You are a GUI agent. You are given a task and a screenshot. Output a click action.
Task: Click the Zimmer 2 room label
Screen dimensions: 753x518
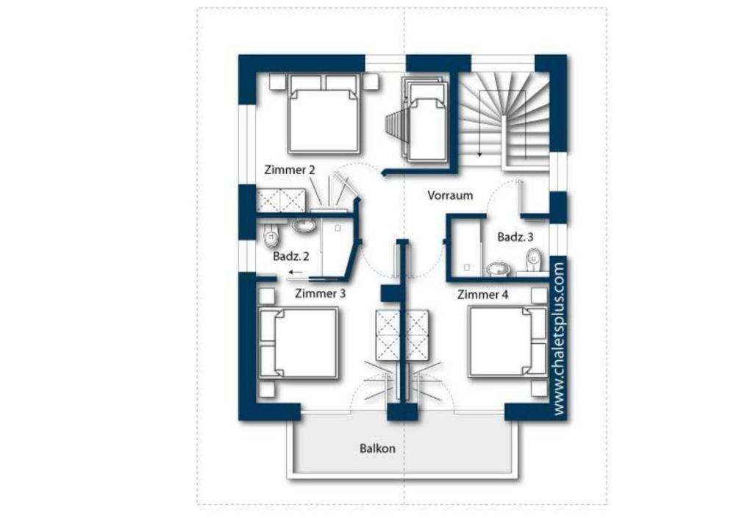pos(290,170)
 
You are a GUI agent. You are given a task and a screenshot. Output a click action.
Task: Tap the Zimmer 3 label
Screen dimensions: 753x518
pos(320,293)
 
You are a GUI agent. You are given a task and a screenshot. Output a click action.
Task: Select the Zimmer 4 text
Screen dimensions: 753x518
pos(482,295)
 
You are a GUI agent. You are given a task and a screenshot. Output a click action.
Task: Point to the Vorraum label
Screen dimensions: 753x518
pos(450,195)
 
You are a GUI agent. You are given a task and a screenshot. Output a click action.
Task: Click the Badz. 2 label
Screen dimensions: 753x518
pos(291,256)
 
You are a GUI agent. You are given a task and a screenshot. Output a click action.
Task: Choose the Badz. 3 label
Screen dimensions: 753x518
pos(515,237)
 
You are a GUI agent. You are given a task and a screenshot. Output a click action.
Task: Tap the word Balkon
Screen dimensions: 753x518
pos(377,448)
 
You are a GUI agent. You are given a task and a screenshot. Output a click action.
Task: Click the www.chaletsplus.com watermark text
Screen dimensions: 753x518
pos(560,339)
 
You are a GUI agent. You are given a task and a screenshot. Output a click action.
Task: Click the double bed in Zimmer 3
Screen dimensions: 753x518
pos(298,343)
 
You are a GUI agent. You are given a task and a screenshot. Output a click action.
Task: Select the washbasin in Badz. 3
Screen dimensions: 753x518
pos(499,269)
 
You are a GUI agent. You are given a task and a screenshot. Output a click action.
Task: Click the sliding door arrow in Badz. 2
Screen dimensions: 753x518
pos(296,273)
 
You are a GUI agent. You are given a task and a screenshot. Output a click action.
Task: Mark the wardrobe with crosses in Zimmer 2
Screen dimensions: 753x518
pos(280,201)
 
